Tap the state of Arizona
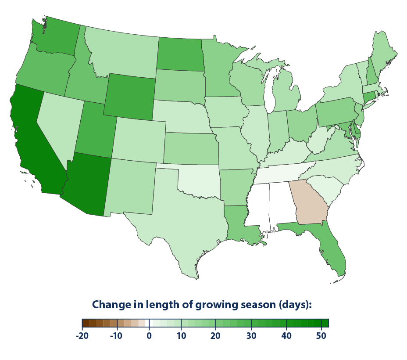(88, 184)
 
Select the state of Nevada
(57, 123)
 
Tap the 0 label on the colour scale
(149, 336)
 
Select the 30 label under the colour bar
(251, 336)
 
